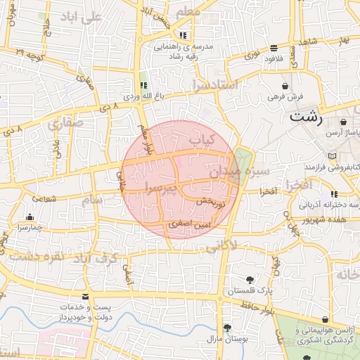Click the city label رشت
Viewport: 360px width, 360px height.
(x=306, y=117)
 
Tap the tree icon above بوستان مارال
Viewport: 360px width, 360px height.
(x=227, y=328)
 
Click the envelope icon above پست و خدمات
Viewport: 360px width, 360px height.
(x=86, y=297)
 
